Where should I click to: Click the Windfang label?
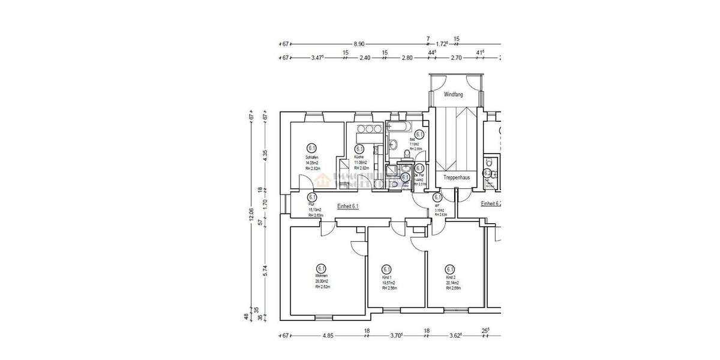(x=454, y=95)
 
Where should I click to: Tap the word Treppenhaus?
(x=456, y=178)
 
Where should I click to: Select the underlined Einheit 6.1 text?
(x=347, y=205)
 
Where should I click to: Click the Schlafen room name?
(x=311, y=157)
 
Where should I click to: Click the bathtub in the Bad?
(x=398, y=126)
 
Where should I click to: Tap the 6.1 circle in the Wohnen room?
(x=320, y=268)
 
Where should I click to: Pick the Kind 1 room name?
(x=387, y=278)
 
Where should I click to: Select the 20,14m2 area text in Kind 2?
(x=453, y=283)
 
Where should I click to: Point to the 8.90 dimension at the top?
(x=359, y=44)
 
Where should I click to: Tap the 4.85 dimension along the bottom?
(x=328, y=337)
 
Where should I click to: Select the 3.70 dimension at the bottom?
(x=396, y=337)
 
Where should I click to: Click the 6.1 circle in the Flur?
(x=312, y=197)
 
